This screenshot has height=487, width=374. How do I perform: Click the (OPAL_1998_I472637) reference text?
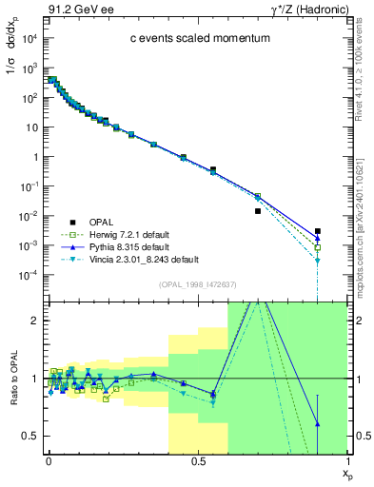coord(197,284)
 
